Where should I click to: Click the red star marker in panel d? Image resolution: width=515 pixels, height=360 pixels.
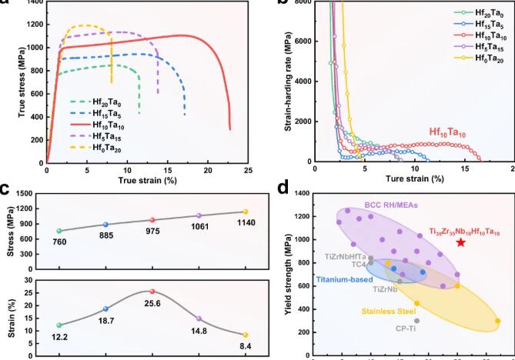[460, 242]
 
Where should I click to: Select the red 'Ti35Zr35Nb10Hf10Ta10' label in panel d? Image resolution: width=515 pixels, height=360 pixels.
[463, 231]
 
